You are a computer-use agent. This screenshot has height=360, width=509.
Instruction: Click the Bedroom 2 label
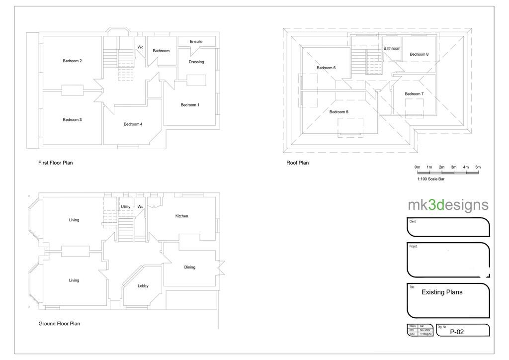(72, 61)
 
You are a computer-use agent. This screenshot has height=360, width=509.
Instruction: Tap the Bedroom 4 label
(133, 124)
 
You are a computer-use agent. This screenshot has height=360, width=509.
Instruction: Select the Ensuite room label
(196, 41)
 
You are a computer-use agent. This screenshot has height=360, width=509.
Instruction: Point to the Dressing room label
(196, 62)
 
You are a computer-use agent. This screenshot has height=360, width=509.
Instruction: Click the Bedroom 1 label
(189, 105)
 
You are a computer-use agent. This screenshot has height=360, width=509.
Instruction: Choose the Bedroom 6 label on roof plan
(326, 68)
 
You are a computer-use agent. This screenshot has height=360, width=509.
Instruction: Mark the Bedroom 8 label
(419, 54)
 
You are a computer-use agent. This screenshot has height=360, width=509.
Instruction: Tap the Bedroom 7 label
(414, 93)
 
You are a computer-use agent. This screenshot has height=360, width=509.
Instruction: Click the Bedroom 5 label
(339, 112)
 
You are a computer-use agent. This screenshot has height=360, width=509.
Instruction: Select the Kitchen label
(181, 216)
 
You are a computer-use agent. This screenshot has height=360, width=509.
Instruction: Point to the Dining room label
(189, 267)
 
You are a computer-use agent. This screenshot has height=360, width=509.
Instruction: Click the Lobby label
(143, 286)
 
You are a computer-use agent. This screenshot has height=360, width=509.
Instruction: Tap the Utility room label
(125, 206)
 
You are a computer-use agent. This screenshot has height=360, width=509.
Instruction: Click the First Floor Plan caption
(55, 163)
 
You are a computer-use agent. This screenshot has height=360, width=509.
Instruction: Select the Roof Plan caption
(297, 163)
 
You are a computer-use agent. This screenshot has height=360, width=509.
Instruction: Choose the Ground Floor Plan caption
(59, 323)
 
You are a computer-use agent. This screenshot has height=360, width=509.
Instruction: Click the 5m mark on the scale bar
(478, 167)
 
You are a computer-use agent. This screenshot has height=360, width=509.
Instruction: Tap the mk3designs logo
(448, 205)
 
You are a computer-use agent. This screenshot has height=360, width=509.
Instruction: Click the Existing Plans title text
(442, 292)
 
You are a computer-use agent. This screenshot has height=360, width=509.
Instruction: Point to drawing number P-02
(457, 332)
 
